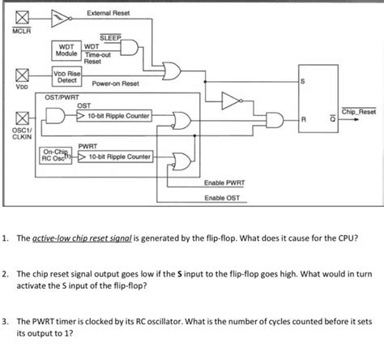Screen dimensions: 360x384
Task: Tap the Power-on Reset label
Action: pyautogui.click(x=116, y=84)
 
